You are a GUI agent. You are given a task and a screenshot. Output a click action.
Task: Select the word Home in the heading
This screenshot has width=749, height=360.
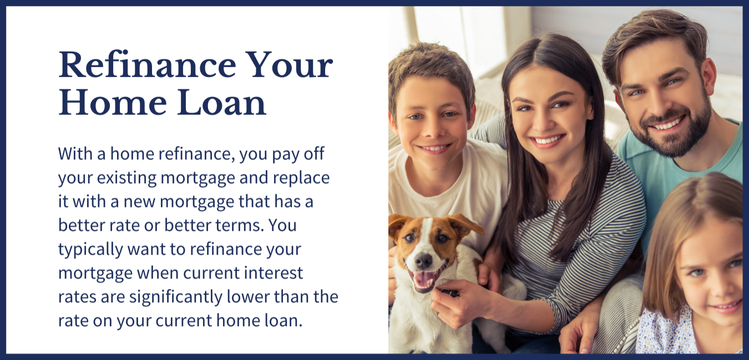(112, 103)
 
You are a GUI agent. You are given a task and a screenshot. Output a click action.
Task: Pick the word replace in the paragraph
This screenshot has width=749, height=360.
(301, 178)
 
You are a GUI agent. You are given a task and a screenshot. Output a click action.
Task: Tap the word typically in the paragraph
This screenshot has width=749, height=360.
(90, 250)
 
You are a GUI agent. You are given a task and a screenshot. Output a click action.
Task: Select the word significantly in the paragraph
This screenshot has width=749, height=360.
(176, 297)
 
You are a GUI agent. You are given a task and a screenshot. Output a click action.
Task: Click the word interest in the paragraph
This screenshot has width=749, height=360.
(273, 273)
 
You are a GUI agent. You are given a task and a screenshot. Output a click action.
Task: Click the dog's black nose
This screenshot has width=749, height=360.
(424, 260)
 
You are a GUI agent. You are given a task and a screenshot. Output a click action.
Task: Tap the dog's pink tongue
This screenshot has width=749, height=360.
(424, 280)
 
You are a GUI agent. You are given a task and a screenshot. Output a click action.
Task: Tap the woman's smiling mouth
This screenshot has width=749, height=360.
(548, 140)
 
